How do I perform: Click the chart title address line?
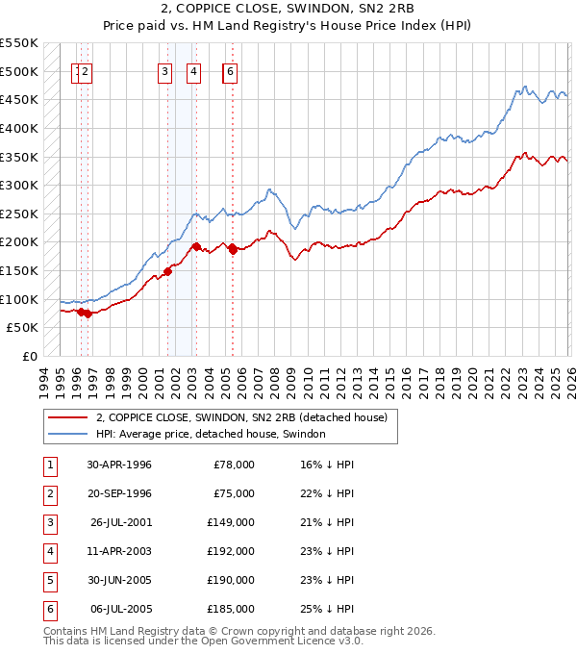coord(288,9)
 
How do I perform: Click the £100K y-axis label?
coord(19,299)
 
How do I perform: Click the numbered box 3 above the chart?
coord(165,70)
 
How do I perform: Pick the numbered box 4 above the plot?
coord(193,70)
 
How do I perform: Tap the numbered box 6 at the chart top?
coord(231,70)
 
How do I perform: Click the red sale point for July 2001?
coord(167,271)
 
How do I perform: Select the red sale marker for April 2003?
coord(195,247)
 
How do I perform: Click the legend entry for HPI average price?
coord(211,434)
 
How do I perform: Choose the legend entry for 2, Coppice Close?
coord(240,417)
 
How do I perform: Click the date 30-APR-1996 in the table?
coord(119,465)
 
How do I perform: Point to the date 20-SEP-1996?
coord(119,493)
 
